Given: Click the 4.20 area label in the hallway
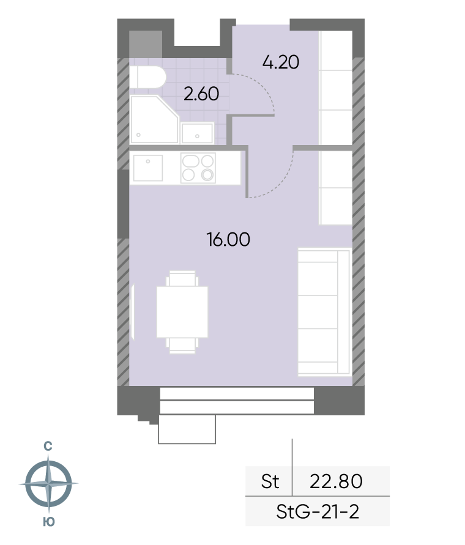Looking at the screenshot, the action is [281, 62].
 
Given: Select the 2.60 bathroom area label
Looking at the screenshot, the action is [201, 94].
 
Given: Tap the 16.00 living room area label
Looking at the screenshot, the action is [228, 240].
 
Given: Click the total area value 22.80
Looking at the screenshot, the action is [336, 481].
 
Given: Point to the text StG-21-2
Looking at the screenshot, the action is [318, 511].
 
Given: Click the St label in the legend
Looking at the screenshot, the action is [270, 481].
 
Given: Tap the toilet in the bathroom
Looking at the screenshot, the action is [147, 77].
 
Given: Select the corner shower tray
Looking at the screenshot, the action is [154, 119].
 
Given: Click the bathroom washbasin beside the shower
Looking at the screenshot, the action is [197, 133].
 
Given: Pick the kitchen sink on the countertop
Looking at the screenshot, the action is [148, 168].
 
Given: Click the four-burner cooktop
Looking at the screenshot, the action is [198, 168].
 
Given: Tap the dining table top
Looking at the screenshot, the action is [182, 312].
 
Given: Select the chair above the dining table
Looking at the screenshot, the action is [182, 278].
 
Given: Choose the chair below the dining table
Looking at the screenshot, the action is [182, 346].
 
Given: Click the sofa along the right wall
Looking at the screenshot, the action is [324, 312].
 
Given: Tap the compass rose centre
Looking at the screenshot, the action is [48, 483].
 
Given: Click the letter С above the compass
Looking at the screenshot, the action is [48, 446].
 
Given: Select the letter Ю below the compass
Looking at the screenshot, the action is [49, 522].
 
